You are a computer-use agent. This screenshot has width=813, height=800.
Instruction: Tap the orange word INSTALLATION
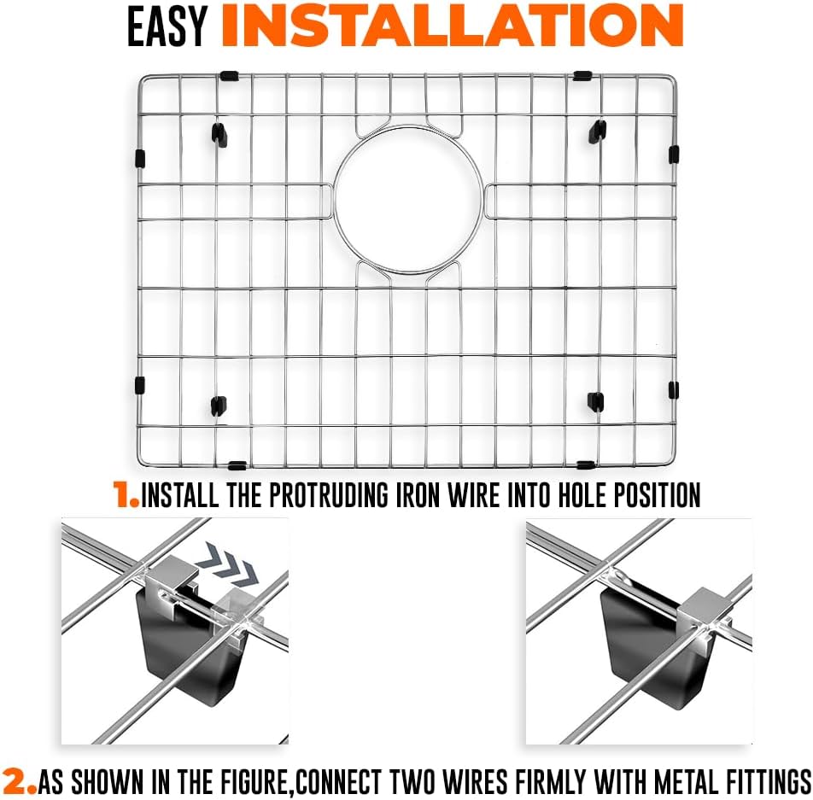point(452,26)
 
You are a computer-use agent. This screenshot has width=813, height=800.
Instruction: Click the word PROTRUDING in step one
point(328,494)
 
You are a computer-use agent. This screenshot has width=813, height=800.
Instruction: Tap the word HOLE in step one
point(582,494)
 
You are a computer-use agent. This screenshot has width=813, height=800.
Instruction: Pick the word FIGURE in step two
point(251,781)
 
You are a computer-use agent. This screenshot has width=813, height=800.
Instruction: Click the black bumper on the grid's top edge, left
point(229,76)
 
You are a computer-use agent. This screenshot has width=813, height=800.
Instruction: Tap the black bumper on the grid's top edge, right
point(582,76)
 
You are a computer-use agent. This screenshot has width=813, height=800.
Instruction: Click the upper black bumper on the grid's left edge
point(140,159)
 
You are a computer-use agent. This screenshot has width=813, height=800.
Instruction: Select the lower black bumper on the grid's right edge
point(674,390)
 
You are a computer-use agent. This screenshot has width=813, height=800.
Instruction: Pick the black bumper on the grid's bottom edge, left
point(237,465)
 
